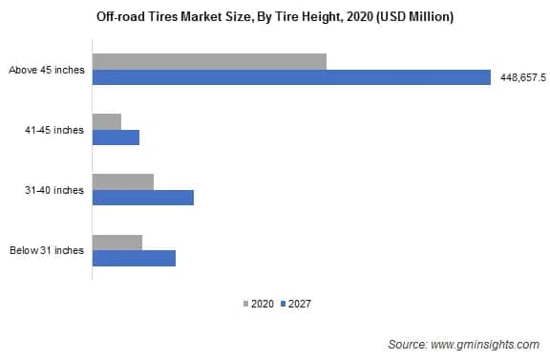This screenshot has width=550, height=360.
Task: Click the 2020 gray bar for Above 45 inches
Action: point(209,61)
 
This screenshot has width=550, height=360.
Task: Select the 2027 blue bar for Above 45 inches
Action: point(291,77)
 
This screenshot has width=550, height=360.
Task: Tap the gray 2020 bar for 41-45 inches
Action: point(107,121)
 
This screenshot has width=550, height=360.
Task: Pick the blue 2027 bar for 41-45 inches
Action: point(116,138)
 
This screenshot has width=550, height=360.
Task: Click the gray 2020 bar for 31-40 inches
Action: point(123,181)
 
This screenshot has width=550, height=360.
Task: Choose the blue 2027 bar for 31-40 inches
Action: point(143,198)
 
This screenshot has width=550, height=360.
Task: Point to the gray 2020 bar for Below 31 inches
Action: point(117,242)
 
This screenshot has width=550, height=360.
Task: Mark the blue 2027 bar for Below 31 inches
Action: point(134,258)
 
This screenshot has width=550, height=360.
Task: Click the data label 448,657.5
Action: point(522,78)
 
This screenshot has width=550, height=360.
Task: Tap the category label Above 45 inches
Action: point(46,70)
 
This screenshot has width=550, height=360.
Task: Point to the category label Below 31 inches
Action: point(47,250)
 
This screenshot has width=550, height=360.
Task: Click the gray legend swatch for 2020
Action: point(245,305)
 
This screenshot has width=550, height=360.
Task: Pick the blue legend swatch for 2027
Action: point(284,305)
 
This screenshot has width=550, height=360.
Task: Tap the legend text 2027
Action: point(300,305)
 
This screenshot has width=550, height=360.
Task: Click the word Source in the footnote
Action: point(408,342)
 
